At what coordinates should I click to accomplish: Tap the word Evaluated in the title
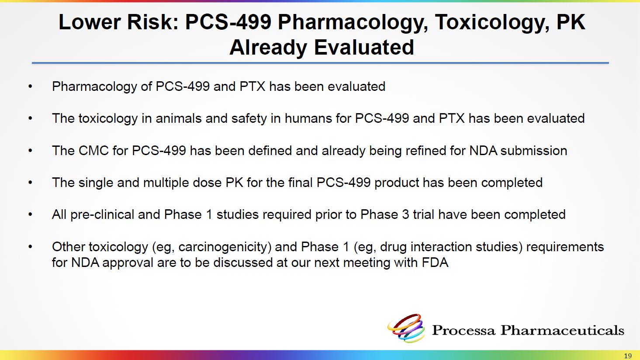(x=364, y=47)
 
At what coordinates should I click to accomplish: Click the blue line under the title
(x=320, y=63)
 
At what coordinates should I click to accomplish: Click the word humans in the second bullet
(x=308, y=118)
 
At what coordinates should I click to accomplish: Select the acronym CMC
(x=94, y=151)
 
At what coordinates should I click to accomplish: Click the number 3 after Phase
(x=405, y=215)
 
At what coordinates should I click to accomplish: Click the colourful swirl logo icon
(x=406, y=328)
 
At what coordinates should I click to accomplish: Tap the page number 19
(x=628, y=356)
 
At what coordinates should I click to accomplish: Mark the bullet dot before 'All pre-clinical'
(x=30, y=215)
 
